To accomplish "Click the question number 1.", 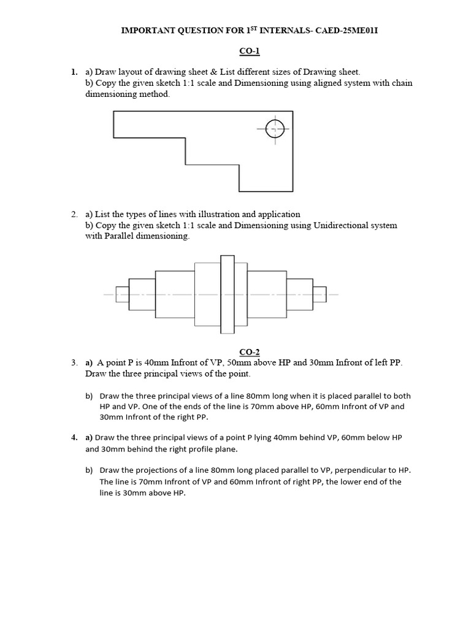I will point(74,72).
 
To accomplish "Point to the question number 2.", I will point(74,214).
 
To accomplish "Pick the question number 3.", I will point(74,362).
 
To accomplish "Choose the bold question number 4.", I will point(74,437).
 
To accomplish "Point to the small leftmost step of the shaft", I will point(122,294).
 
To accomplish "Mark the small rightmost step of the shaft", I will point(320,294).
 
